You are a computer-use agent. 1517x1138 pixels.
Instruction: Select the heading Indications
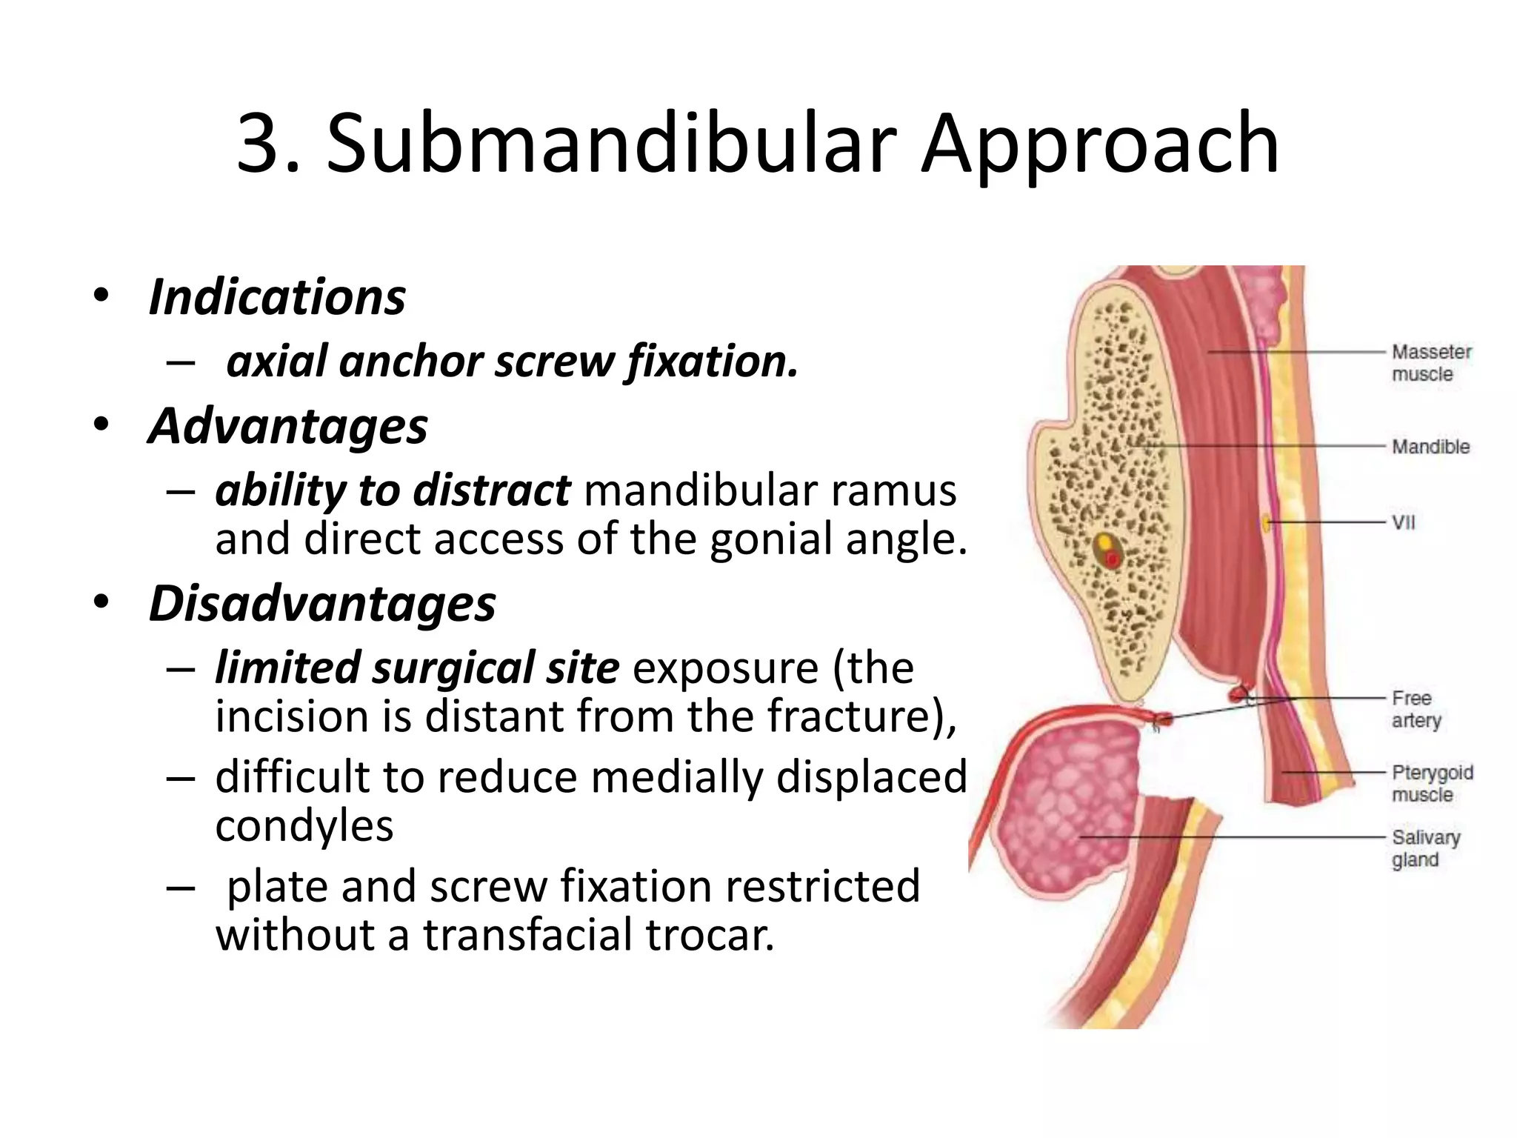click(277, 297)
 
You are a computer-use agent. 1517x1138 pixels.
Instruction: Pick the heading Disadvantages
click(322, 603)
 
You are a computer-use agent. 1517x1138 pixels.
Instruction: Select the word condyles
click(304, 825)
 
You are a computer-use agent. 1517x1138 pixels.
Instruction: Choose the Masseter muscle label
click(1431, 362)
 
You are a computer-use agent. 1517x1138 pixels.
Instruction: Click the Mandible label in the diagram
click(1430, 447)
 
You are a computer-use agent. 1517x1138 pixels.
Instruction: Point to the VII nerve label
click(1403, 522)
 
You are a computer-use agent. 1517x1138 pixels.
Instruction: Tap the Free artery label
click(1416, 709)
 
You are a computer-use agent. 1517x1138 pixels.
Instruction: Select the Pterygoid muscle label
click(1432, 783)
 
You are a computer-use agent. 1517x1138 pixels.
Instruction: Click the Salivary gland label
click(1425, 848)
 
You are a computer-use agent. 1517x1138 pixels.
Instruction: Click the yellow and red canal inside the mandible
click(1108, 550)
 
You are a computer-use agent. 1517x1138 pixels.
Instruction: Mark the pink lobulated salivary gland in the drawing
click(1067, 808)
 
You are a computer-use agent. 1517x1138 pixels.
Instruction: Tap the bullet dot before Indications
click(101, 296)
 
